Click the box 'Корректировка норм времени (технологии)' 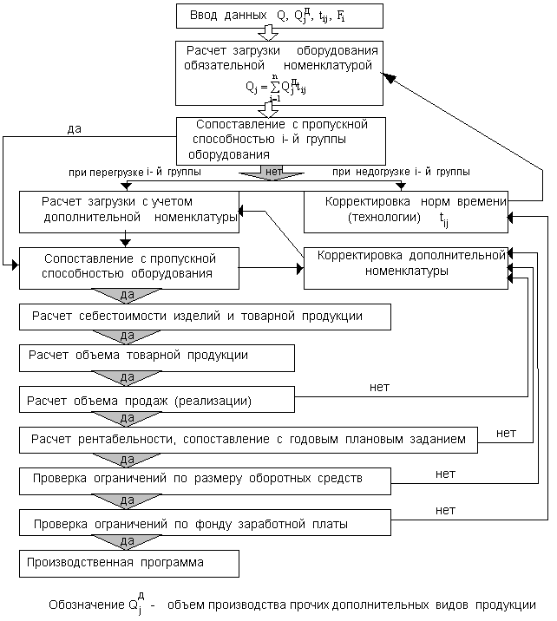pos(406,212)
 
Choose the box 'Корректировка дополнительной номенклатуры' pos(406,268)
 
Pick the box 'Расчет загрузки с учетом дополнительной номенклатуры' pos(129,212)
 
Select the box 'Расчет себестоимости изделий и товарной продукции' pos(205,317)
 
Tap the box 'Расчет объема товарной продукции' pos(157,356)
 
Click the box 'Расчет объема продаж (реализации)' pos(157,401)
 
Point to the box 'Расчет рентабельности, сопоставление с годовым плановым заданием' pos(248,439)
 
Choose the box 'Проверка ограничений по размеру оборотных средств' pos(205,478)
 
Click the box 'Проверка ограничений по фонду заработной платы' pos(205,523)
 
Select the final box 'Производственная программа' pos(129,563)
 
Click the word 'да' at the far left pos(75,129)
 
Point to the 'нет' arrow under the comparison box pos(273,173)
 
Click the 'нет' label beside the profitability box pos(507,432)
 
